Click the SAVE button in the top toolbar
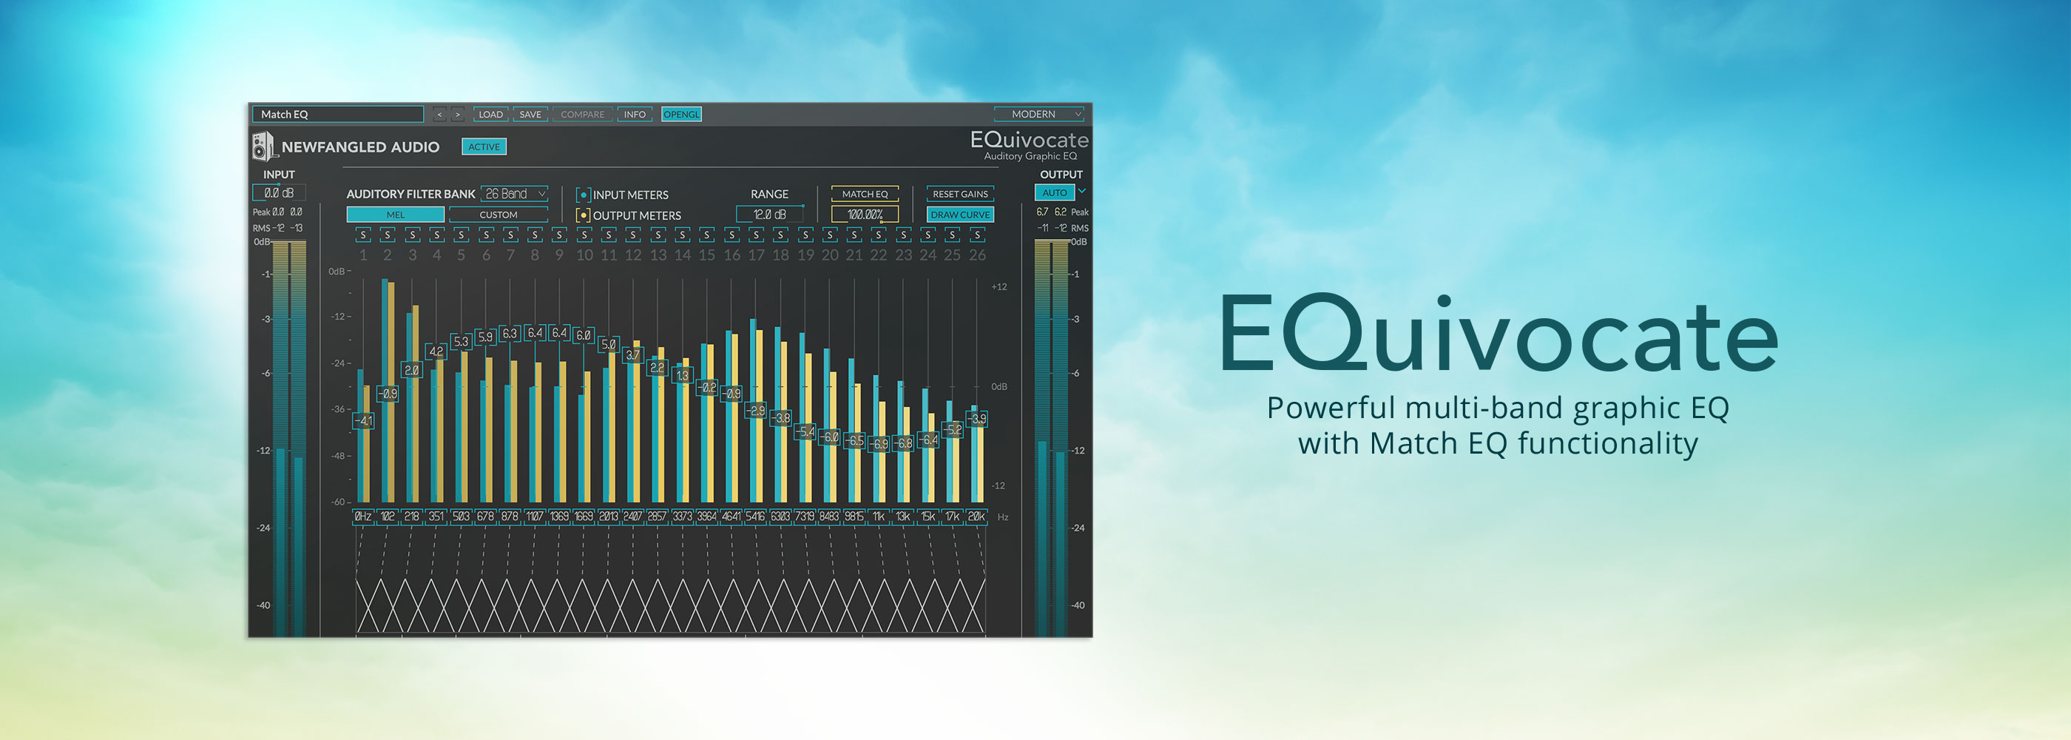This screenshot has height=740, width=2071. point(530,114)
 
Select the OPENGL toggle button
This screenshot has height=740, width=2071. point(681,114)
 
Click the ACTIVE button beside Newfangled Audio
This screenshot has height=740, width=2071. point(484,147)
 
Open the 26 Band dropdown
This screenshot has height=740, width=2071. point(515,194)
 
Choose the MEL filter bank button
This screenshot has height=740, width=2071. point(395,215)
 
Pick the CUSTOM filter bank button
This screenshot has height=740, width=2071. point(499,215)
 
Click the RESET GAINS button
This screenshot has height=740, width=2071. point(960,194)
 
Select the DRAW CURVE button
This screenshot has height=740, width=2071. point(960,215)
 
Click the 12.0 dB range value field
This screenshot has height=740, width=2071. point(769,215)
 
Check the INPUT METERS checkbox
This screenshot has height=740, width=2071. point(584,195)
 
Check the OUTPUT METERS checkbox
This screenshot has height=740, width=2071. point(584,215)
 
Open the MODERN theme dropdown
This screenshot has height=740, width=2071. point(1038,114)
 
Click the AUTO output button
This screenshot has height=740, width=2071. point(1054,193)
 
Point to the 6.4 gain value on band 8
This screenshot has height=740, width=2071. point(535,333)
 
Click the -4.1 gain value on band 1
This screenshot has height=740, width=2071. point(363,420)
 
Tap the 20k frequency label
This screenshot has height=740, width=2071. point(976,517)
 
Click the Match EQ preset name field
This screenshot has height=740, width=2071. point(338,114)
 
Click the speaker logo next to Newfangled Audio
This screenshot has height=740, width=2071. point(262,147)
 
